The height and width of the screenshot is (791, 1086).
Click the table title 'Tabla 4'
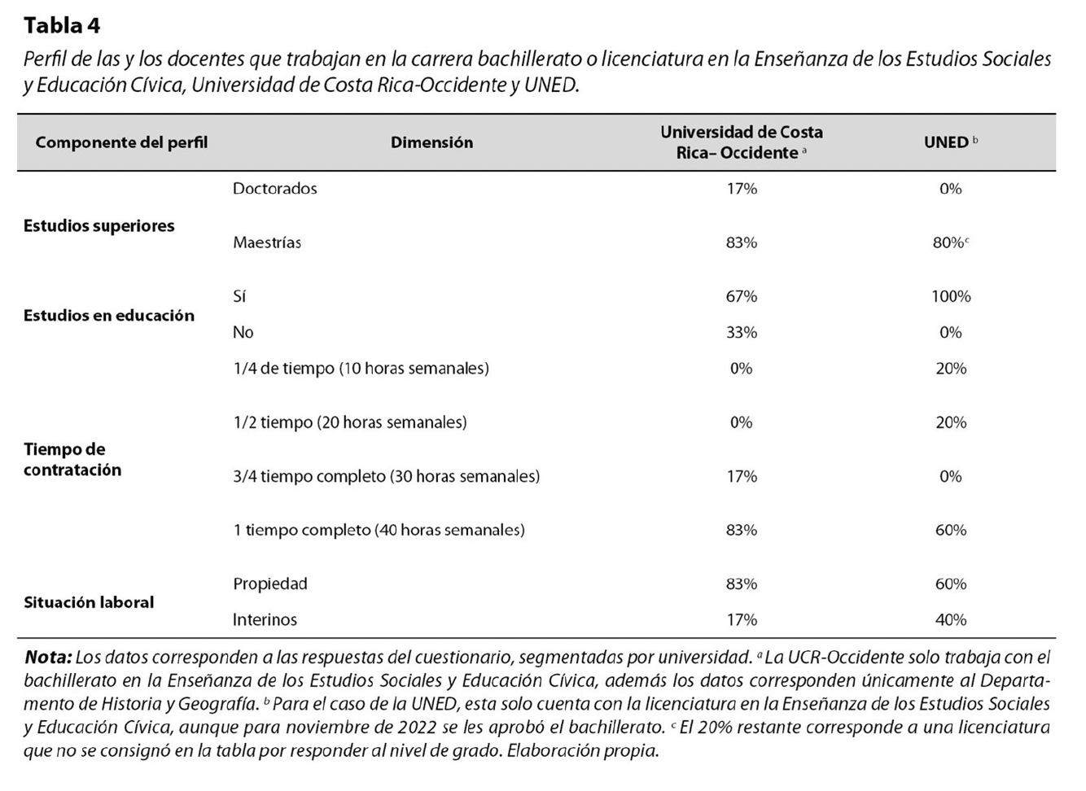[x=62, y=26]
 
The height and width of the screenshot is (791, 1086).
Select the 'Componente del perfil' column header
[x=121, y=142]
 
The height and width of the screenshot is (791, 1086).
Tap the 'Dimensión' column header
[x=431, y=142]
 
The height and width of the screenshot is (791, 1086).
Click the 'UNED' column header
[x=946, y=142]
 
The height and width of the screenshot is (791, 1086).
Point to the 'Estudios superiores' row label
[x=99, y=226]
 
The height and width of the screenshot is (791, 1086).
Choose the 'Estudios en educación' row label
[x=109, y=316]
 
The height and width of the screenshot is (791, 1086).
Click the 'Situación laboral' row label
[x=89, y=602]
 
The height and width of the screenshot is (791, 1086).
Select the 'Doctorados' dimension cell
[x=275, y=189]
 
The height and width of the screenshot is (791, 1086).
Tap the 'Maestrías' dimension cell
[x=267, y=243]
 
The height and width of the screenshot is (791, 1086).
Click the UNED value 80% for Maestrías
[x=948, y=243]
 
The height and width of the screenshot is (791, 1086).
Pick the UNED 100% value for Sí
[x=951, y=296]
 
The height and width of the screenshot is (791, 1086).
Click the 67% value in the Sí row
[x=742, y=296]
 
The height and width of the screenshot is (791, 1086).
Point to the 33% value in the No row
[x=742, y=333]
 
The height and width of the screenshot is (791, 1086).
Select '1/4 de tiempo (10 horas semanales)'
[x=361, y=369]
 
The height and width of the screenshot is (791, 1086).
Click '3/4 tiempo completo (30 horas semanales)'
[x=387, y=476]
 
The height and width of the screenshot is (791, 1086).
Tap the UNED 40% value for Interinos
[x=951, y=620]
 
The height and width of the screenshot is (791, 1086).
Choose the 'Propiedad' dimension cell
[x=270, y=584]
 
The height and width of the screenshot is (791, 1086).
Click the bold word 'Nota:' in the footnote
[x=48, y=658]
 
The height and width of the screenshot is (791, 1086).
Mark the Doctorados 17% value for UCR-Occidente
[x=742, y=189]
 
